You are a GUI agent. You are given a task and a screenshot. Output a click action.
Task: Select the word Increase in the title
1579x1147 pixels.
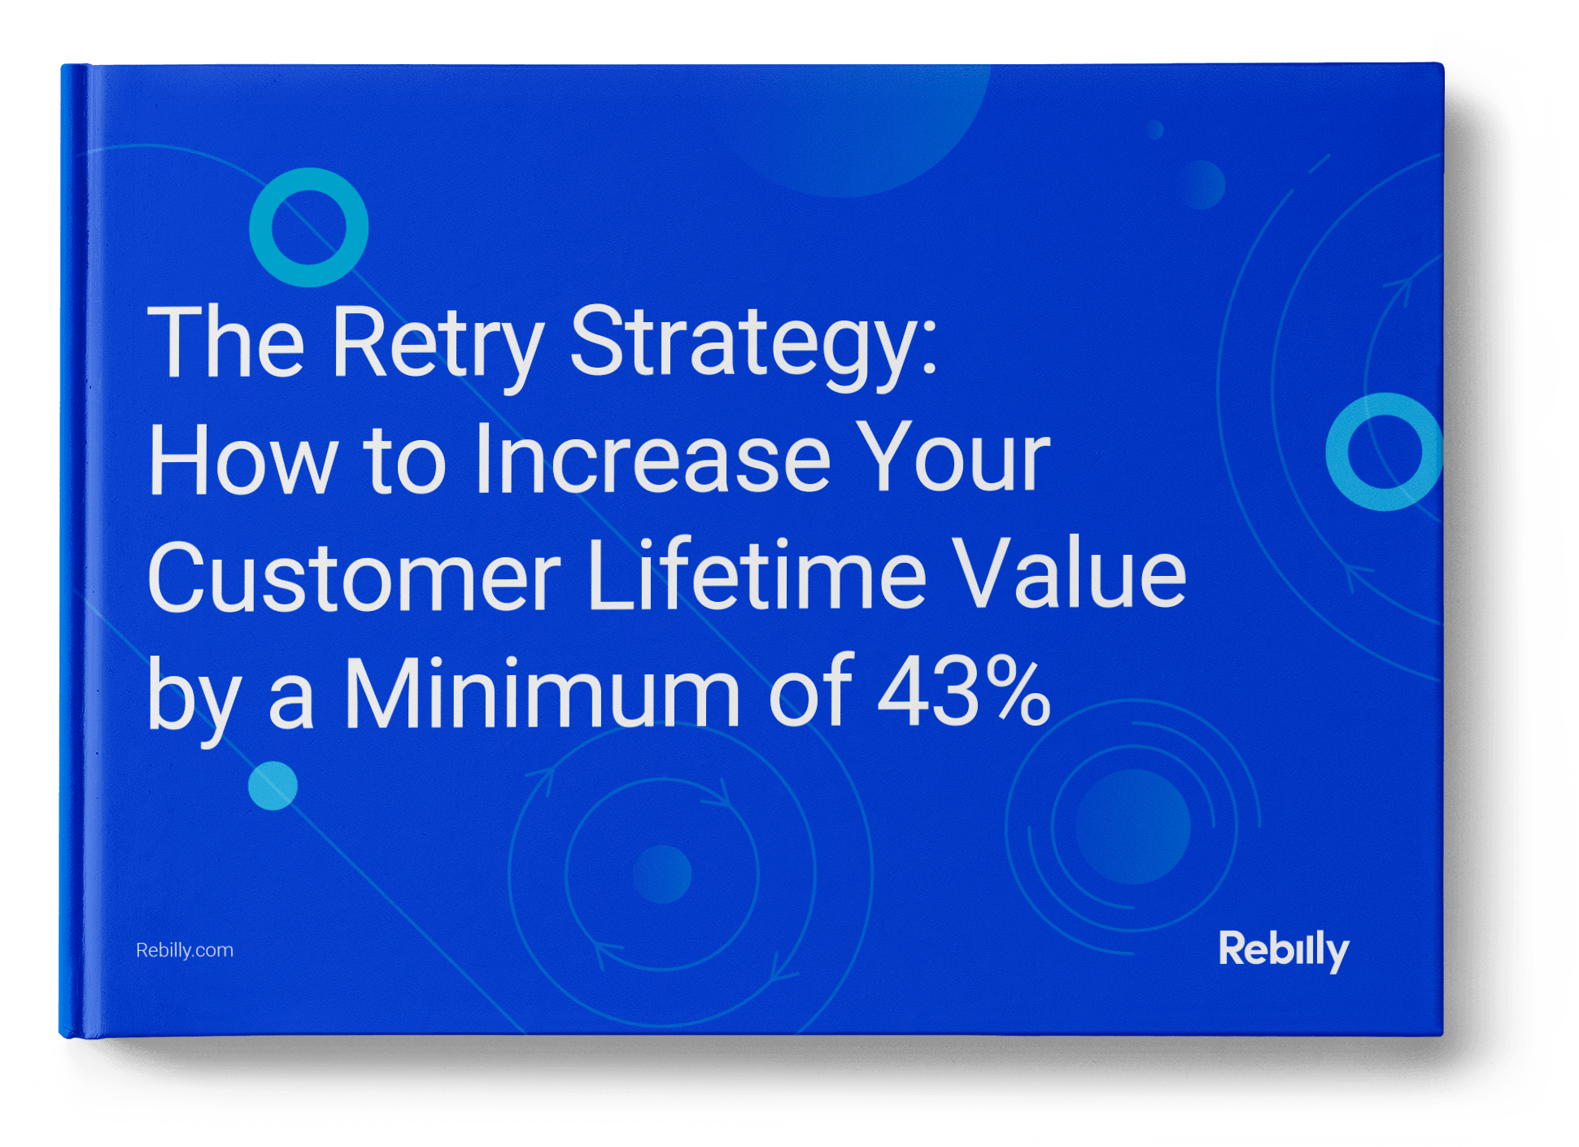pyautogui.click(x=652, y=458)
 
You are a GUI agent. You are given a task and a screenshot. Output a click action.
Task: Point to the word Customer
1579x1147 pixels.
pyautogui.click(x=354, y=576)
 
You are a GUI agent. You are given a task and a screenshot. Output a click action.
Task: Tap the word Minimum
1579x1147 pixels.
pyautogui.click(x=542, y=693)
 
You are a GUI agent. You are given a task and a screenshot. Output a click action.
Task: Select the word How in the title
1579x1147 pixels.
pyautogui.click(x=241, y=458)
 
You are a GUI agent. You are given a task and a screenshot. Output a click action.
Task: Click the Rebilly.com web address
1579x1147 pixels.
pyautogui.click(x=185, y=950)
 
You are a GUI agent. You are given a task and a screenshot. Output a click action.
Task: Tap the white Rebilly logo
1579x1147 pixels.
pyautogui.click(x=1284, y=950)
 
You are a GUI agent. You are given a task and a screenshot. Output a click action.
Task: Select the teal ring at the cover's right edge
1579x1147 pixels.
pyautogui.click(x=1339, y=452)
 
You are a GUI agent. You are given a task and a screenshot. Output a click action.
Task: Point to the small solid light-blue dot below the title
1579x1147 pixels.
pyautogui.click(x=273, y=786)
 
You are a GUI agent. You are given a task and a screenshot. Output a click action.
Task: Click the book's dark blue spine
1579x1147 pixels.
pyautogui.click(x=72, y=550)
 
